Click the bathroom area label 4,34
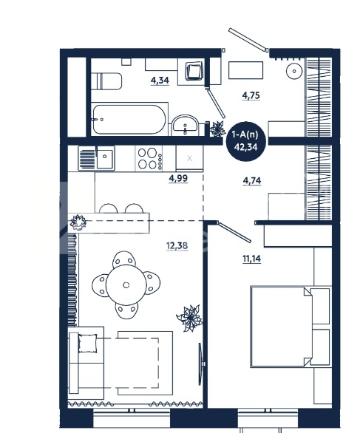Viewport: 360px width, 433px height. click(160, 81)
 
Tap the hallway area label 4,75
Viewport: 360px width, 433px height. click(251, 95)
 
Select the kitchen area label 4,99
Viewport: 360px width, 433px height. click(178, 178)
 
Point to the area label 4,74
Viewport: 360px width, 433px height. click(251, 181)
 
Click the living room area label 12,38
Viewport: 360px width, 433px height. click(177, 245)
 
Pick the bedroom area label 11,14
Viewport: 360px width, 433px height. click(251, 259)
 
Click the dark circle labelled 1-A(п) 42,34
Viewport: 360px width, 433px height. click(246, 141)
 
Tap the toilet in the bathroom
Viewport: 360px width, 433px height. click(106, 81)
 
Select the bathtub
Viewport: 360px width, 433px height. click(129, 119)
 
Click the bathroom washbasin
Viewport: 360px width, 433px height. click(185, 126)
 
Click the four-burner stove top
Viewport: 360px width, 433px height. click(149, 159)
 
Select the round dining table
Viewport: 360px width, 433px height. click(126, 285)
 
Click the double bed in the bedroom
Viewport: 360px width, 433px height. click(291, 327)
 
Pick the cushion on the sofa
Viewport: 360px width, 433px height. click(88, 344)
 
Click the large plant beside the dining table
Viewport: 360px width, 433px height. click(190, 318)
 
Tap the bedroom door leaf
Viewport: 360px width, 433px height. click(234, 232)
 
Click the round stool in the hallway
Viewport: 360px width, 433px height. click(294, 71)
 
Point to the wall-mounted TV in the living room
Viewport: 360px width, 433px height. click(201, 364)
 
